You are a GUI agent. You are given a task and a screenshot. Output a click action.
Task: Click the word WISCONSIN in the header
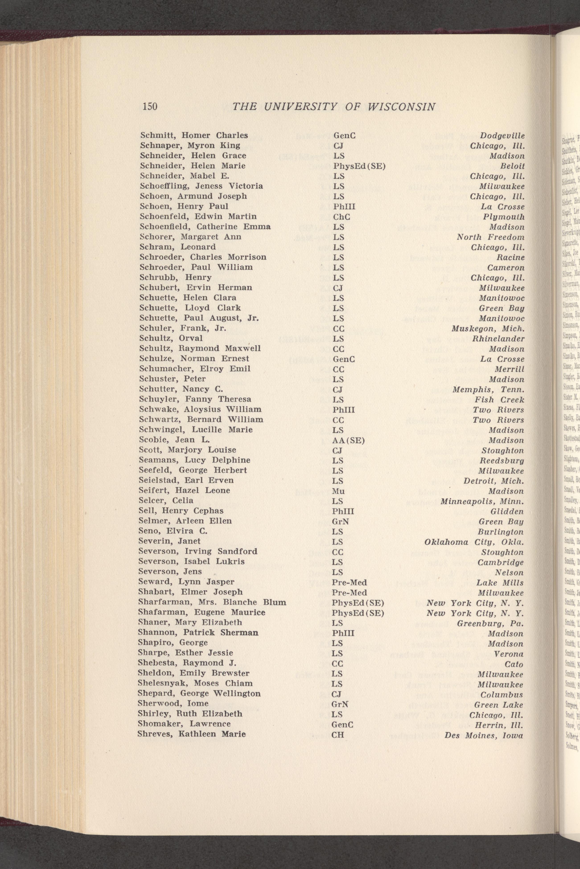(x=402, y=107)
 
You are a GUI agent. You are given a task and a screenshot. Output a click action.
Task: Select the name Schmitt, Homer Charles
(x=194, y=135)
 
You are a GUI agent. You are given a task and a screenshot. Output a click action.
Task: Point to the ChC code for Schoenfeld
(x=341, y=216)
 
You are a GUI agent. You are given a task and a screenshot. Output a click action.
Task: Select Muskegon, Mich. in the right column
(x=488, y=328)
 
